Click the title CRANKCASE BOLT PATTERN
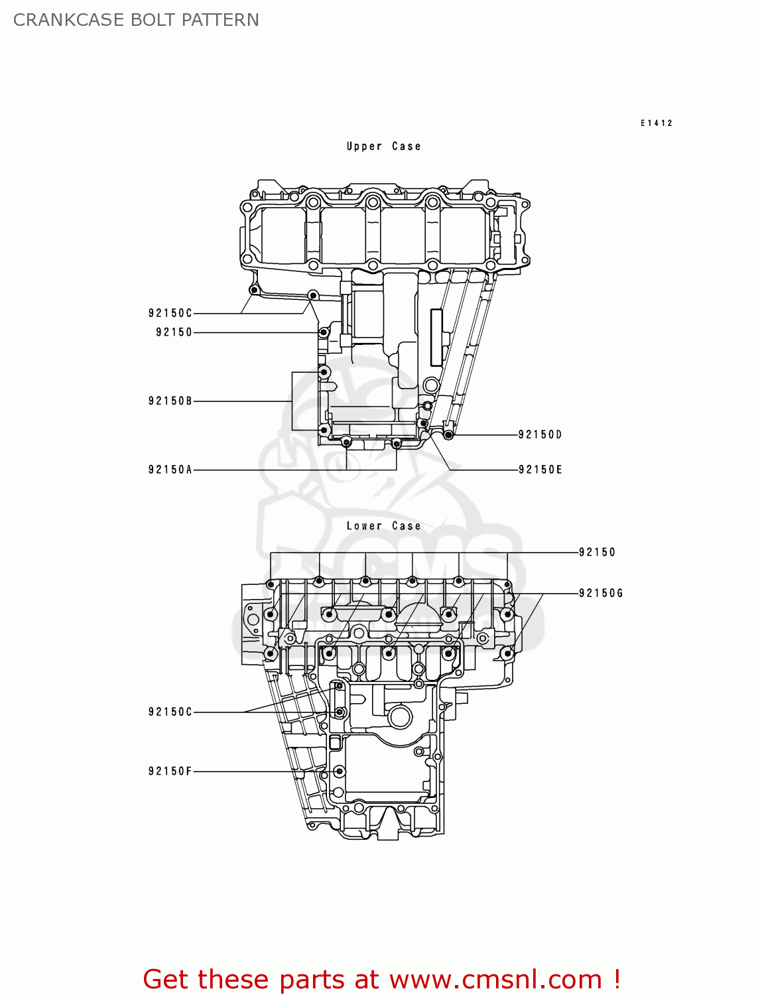[x=136, y=20]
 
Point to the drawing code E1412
[x=656, y=123]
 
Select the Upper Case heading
[x=383, y=147]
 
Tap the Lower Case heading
[x=383, y=526]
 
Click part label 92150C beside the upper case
[x=170, y=313]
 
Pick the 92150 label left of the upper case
[x=174, y=332]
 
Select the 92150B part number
[x=170, y=401]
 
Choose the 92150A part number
[x=170, y=470]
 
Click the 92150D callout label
[x=540, y=434]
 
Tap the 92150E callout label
[x=540, y=470]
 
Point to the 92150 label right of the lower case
[x=597, y=552]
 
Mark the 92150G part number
[x=601, y=593]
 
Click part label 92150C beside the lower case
[x=170, y=712]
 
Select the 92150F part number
[x=170, y=771]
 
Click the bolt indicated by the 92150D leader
[x=449, y=434]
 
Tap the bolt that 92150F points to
[x=340, y=771]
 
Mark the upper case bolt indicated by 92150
[x=324, y=332]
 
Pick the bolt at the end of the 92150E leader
[x=423, y=423]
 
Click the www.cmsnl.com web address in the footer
[x=495, y=979]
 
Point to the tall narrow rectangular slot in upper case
[x=436, y=338]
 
